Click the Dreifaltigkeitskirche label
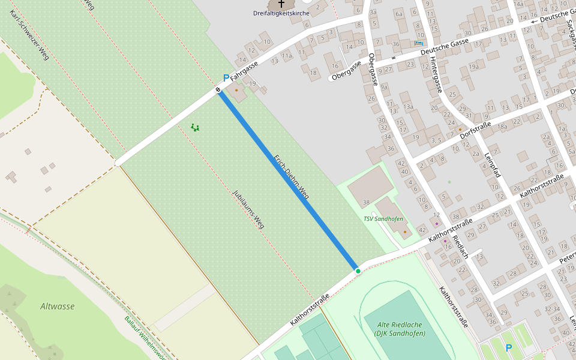pyautogui.click(x=281, y=13)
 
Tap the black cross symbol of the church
pyautogui.click(x=281, y=4)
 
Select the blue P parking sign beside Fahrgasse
pyautogui.click(x=226, y=78)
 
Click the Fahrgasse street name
pyautogui.click(x=244, y=70)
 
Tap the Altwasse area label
pyautogui.click(x=58, y=306)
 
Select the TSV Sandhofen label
pyautogui.click(x=383, y=219)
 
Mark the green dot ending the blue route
pyautogui.click(x=358, y=271)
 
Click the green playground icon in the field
pyautogui.click(x=195, y=127)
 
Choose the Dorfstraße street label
pyautogui.click(x=475, y=128)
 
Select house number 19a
pyautogui.click(x=474, y=66)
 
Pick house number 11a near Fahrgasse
pyautogui.click(x=287, y=56)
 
